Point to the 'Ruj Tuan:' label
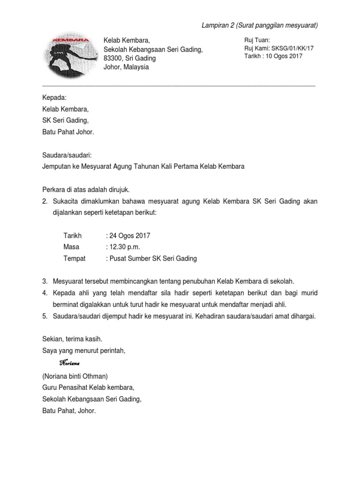[257, 40]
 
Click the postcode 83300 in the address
[113, 59]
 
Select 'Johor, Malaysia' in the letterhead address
[126, 67]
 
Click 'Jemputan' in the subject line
[57, 166]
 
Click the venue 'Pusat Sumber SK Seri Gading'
[153, 258]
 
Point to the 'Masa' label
[71, 247]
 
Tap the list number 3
[45, 281]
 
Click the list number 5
[45, 316]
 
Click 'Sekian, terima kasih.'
[72, 339]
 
